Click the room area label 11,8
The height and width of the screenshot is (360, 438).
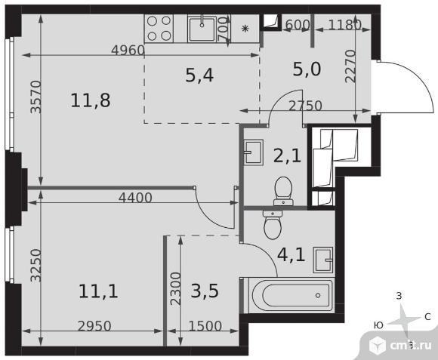(x=91, y=100)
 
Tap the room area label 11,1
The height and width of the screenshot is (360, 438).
(x=98, y=291)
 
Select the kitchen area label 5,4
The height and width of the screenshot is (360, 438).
(x=199, y=75)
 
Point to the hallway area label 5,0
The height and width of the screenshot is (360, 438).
(x=307, y=69)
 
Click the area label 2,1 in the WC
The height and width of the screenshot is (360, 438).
(x=287, y=155)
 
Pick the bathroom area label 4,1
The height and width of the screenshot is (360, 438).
(x=291, y=254)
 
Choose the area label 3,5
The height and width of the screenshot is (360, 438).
(x=205, y=291)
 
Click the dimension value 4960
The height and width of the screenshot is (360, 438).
(x=128, y=51)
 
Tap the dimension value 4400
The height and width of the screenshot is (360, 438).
(x=135, y=198)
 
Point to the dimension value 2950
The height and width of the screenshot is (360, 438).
(x=94, y=326)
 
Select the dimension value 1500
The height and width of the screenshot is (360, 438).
(x=205, y=326)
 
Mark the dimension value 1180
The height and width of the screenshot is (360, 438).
(x=344, y=25)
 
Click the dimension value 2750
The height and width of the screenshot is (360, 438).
(x=305, y=106)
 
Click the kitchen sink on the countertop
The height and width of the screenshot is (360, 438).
(x=202, y=29)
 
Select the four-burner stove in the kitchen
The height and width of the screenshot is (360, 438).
(x=159, y=28)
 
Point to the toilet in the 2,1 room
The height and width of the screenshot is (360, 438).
(x=283, y=191)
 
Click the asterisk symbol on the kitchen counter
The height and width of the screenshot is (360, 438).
(x=245, y=29)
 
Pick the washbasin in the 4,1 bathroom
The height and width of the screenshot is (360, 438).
(x=323, y=260)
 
